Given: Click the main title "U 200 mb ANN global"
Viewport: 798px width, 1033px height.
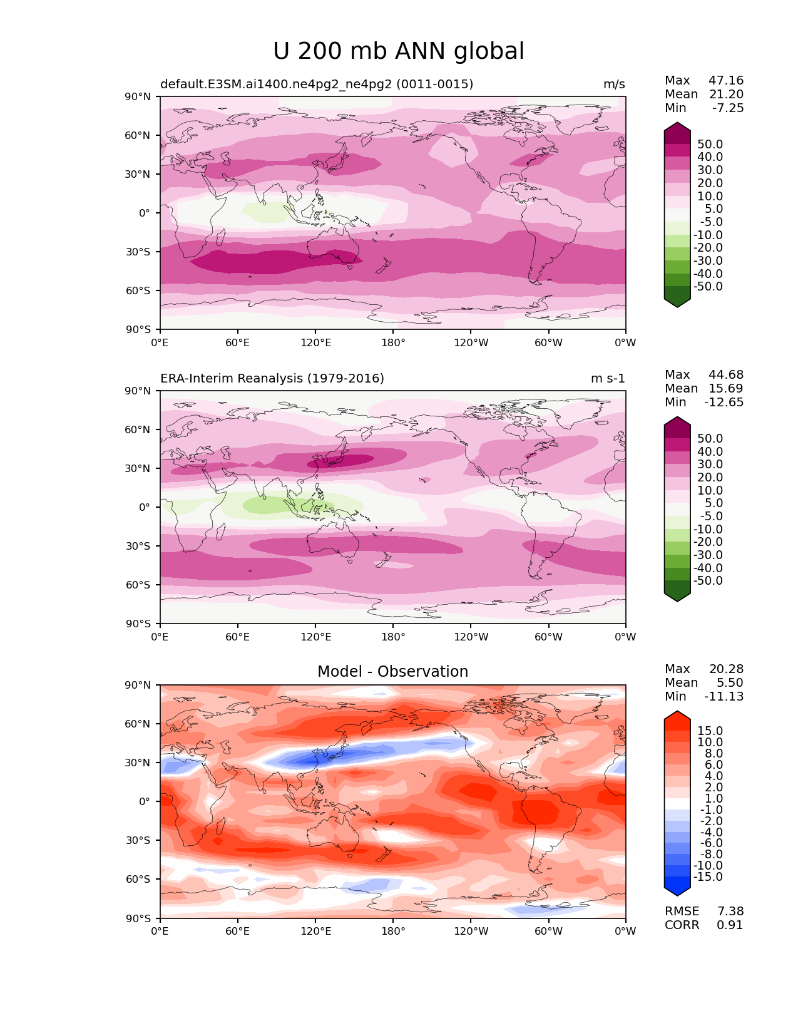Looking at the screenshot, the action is [398, 51].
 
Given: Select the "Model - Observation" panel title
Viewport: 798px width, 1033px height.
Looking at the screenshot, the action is [392, 671].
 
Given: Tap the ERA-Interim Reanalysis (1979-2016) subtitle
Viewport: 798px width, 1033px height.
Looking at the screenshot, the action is [272, 378].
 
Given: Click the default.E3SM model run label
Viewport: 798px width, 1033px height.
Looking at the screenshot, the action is [317, 84].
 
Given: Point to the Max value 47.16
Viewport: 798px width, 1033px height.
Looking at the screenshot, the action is [726, 80].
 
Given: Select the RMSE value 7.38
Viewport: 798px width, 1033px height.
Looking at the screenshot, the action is [730, 911].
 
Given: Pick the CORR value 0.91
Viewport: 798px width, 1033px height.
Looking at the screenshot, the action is [730, 925].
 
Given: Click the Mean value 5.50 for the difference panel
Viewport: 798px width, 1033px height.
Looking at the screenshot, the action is [730, 682].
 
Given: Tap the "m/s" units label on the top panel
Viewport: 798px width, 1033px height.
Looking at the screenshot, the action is [614, 84].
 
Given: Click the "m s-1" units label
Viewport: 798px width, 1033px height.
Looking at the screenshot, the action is [608, 378].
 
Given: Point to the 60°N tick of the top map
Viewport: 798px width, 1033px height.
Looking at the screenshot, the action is [137, 135].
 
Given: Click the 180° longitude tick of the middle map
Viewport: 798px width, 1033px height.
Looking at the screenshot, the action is [393, 637].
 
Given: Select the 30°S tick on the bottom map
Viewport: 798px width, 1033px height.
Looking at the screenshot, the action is [137, 840].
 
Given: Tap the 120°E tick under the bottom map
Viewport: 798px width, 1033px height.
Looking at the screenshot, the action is [315, 931].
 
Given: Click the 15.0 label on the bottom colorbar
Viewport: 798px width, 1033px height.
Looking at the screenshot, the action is [710, 731].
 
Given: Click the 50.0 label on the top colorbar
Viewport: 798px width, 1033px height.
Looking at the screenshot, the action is [710, 144].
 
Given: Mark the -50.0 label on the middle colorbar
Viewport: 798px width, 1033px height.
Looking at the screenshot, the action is [708, 580].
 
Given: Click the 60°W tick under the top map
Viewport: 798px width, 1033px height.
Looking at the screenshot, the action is [548, 342].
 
